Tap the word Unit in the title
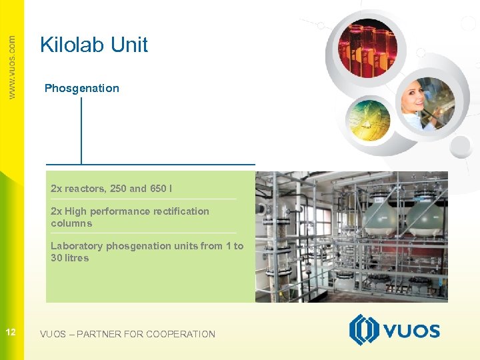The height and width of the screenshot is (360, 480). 128,45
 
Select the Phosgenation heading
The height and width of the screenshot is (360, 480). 81,88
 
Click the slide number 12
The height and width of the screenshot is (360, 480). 11,332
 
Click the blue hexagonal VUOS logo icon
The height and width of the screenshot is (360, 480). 364,330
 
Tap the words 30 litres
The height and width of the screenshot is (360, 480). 69,258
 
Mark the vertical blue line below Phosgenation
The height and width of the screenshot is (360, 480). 81,130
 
